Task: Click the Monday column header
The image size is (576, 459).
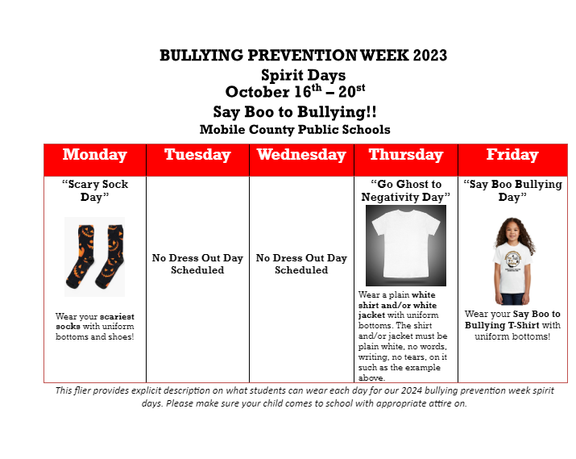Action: [x=95, y=154]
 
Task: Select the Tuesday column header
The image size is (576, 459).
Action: [x=197, y=154]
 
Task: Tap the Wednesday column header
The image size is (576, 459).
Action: [x=301, y=154]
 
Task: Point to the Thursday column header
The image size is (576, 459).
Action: [x=406, y=154]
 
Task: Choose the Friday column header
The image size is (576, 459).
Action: [x=512, y=154]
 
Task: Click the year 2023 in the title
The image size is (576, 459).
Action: [x=430, y=56]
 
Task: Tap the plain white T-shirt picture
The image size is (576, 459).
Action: [x=406, y=245]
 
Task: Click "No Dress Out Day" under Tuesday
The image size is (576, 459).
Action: [x=197, y=258]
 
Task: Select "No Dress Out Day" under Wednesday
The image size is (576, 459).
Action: [x=301, y=258]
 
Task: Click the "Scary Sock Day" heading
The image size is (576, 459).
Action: [x=95, y=190]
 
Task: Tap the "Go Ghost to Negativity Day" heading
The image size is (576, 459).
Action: [x=405, y=190]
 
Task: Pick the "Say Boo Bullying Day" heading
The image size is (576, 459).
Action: [x=512, y=190]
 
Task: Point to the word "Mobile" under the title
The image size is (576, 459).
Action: [x=222, y=129]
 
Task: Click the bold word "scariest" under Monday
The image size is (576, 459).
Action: [x=117, y=316]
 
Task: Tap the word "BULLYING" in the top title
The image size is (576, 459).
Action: [x=201, y=56]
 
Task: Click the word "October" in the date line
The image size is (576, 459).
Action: [x=257, y=92]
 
